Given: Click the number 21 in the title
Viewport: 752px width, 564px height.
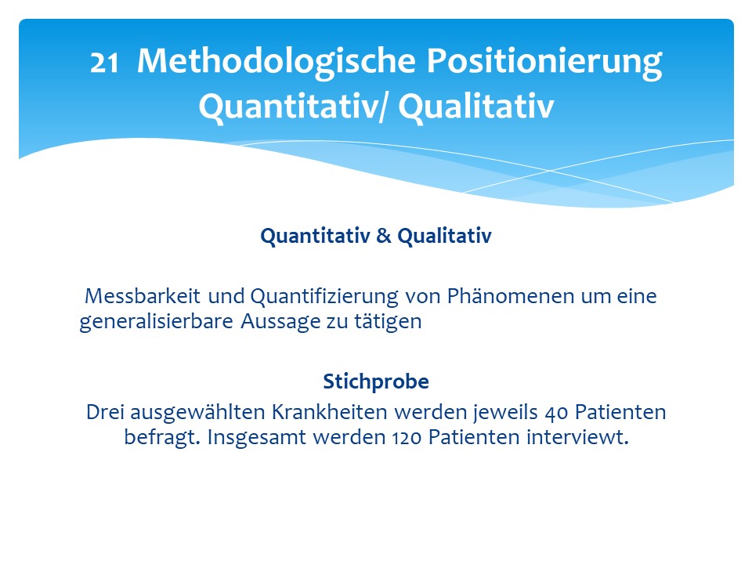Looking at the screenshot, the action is click(104, 63).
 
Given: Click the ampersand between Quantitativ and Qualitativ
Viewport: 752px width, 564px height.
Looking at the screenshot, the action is click(384, 236).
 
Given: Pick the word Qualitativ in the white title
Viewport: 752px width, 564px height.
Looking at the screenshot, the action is click(476, 106).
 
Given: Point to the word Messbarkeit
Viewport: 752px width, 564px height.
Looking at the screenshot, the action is click(143, 296).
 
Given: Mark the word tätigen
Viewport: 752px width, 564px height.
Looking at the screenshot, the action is click(388, 322).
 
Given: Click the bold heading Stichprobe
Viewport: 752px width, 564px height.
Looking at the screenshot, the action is click(376, 381).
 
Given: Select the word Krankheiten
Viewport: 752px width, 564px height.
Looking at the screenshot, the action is click(330, 412).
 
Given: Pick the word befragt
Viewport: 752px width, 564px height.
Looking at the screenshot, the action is click(162, 438).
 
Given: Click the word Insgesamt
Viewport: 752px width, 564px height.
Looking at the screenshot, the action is click(257, 438).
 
